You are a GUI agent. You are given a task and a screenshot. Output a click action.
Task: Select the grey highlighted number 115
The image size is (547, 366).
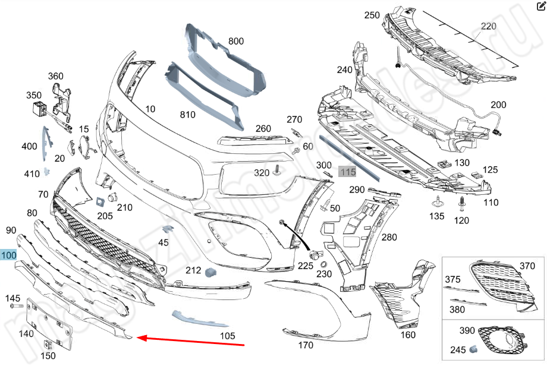tap(347, 172)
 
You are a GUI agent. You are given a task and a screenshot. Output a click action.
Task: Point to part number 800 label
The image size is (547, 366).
tap(236, 41)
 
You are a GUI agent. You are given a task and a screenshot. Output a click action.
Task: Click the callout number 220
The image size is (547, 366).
tap(488, 26)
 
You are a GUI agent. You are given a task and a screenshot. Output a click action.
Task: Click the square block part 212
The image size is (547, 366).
tap(210, 272)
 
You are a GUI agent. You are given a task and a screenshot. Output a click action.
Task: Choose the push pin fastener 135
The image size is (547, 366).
tap(437, 200)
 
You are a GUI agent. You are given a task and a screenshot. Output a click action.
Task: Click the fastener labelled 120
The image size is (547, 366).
tap(461, 205)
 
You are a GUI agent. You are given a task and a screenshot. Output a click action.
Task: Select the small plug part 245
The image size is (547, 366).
tap(475, 348)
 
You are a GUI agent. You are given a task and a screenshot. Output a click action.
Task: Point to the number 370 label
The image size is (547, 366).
tap(527, 266)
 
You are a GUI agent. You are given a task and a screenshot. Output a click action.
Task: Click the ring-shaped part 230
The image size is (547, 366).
tap(323, 264)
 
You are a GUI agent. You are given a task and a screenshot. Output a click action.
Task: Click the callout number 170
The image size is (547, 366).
tap(305, 344)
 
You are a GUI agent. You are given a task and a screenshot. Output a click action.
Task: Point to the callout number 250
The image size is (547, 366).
tap(372, 15)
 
